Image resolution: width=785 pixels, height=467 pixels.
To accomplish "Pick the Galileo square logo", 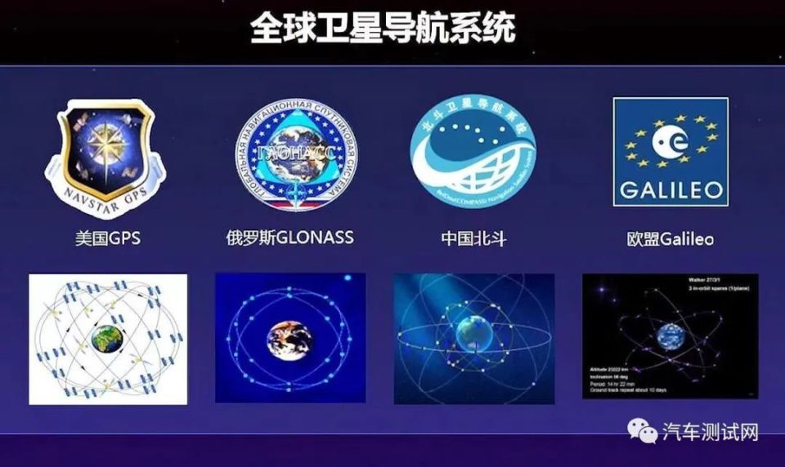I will click(671, 152).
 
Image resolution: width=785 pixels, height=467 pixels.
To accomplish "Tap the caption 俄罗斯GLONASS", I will click(289, 238).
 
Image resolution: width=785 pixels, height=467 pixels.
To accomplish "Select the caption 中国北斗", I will click(472, 238).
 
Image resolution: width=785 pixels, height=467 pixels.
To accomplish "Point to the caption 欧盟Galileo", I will click(670, 239).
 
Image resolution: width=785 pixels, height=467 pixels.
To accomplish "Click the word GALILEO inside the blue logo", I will click(671, 190).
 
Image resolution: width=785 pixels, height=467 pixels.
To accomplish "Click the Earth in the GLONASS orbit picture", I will click(289, 338).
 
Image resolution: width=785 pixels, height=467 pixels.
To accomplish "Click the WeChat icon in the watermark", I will click(643, 431).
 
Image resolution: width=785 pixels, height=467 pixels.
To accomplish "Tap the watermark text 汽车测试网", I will click(709, 432).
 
